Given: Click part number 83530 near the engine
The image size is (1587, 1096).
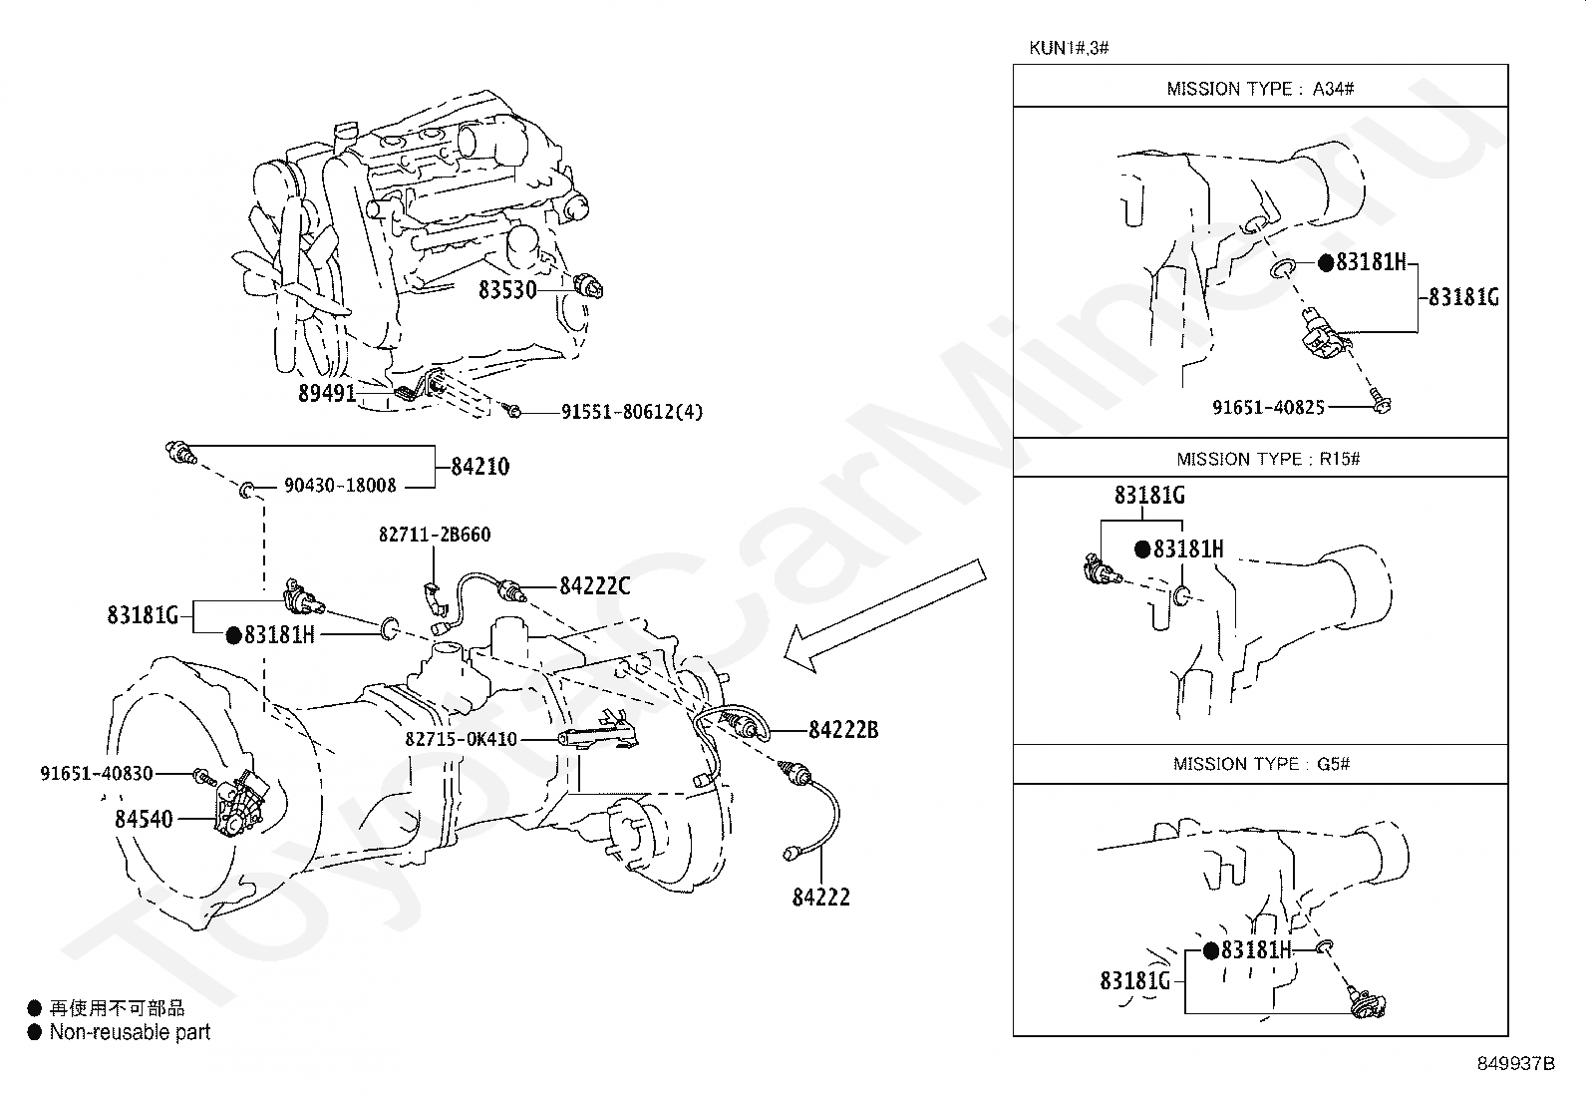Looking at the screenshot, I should pos(507,289).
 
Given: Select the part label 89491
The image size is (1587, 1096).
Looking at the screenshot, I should pos(326,393).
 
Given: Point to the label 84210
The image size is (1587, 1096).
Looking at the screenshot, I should pos(479,467).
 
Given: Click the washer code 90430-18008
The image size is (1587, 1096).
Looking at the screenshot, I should pos(340,486).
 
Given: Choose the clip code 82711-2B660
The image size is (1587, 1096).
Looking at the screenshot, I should pos(435,535).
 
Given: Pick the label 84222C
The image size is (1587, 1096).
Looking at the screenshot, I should pos(594,586).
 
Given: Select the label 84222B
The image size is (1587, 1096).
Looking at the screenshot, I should pos(842,729).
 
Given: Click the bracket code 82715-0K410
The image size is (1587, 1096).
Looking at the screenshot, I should pos(462,739).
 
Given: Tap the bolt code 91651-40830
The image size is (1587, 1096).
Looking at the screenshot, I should pos(97,773).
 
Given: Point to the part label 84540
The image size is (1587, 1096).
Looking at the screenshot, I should pos(144,819).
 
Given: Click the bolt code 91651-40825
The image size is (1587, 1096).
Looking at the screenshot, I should pos(1268,407).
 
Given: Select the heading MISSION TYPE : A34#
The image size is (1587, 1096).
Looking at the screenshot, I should pos(1260,89).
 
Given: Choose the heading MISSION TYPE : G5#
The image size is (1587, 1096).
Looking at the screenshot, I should pos(1261,764).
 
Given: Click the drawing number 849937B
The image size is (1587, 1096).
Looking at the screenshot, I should pos(1515,1063).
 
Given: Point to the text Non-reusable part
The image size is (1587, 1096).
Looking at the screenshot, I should pos(130,1032).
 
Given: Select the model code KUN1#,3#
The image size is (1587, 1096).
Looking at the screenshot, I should pos(1069,48).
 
